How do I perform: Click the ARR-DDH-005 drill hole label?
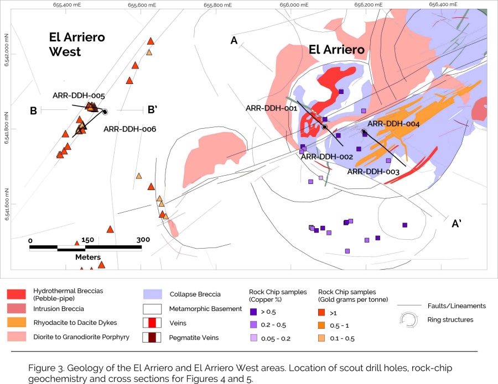pyautogui.click(x=79, y=95)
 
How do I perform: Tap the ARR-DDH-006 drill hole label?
pyautogui.click(x=130, y=129)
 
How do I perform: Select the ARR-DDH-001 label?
pyautogui.click(x=272, y=108)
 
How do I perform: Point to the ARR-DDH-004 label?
pyautogui.click(x=394, y=124)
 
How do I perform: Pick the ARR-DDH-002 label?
pyautogui.click(x=326, y=157)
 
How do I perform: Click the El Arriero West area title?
pyautogui.click(x=77, y=45)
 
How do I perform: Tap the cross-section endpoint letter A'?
pyautogui.click(x=458, y=223)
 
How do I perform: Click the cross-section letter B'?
pyautogui.click(x=153, y=110)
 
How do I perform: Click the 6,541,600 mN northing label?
pyautogui.click(x=7, y=205)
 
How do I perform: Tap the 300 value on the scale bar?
pyautogui.click(x=143, y=240)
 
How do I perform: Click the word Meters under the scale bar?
pyautogui.click(x=87, y=257)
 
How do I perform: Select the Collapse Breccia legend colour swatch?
pyautogui.click(x=152, y=294)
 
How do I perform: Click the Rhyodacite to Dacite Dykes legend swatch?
pyautogui.click(x=18, y=322)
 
